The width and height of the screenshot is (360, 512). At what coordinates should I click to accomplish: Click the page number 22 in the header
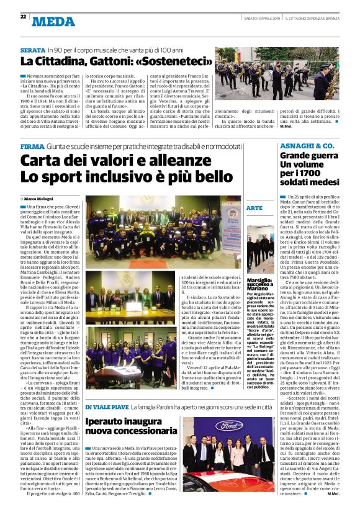pos(23,16)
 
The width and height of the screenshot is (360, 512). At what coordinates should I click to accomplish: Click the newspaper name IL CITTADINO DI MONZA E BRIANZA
pos(313,17)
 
